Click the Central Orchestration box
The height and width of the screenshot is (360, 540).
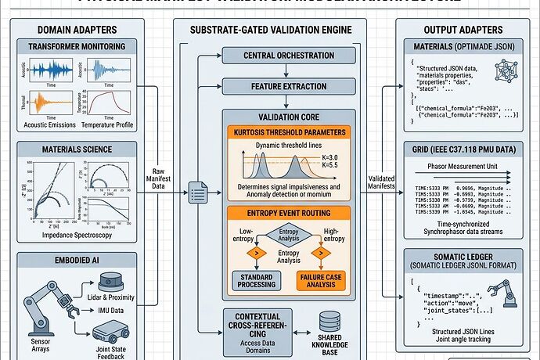click(270, 56)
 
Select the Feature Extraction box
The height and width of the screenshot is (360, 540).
click(270, 85)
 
